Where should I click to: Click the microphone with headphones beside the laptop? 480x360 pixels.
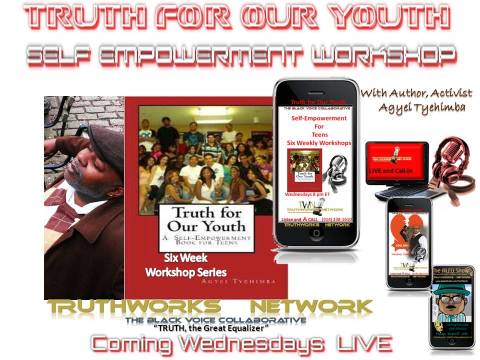pos(450,160)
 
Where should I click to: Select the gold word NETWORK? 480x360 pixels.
pos(310,306)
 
